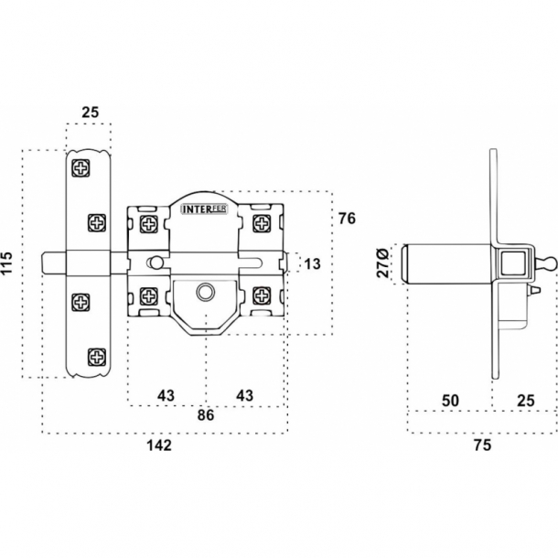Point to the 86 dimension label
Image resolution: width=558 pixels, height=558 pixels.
pyautogui.click(x=206, y=415)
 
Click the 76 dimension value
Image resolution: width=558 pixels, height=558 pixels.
pyautogui.click(x=346, y=219)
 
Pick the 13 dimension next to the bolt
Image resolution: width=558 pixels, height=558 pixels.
pyautogui.click(x=311, y=264)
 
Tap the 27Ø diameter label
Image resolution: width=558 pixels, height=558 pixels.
pyautogui.click(x=383, y=262)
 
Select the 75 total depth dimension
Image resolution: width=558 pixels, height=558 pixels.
pyautogui.click(x=482, y=445)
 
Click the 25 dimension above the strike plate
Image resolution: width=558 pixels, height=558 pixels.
pyautogui.click(x=90, y=113)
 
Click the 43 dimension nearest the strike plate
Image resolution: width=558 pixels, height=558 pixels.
pyautogui.click(x=166, y=394)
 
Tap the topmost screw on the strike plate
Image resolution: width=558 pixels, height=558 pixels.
pyautogui.click(x=80, y=169)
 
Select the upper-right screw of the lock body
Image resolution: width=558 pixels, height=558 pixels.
pyautogui.click(x=262, y=222)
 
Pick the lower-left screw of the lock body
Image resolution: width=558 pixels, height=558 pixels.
pyautogui.click(x=149, y=295)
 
